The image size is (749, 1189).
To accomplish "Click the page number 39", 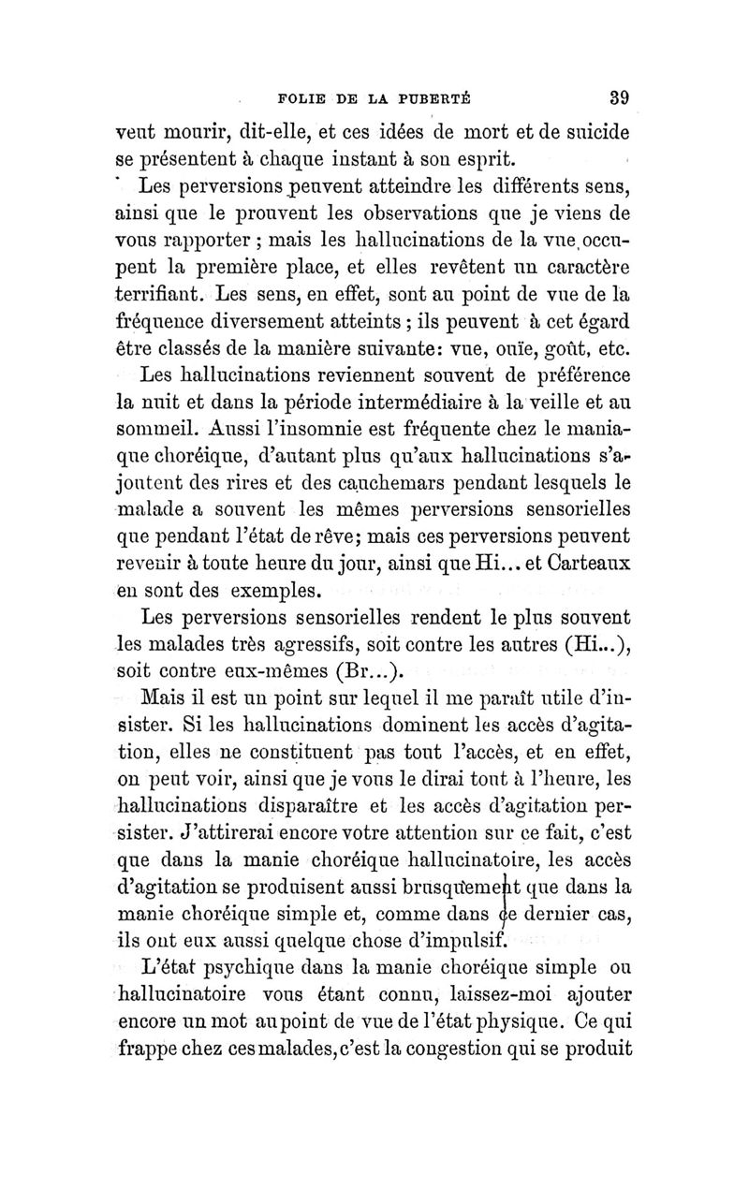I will pyautogui.click(x=617, y=95).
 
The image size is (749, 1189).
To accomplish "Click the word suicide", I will pyautogui.click(x=588, y=125).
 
